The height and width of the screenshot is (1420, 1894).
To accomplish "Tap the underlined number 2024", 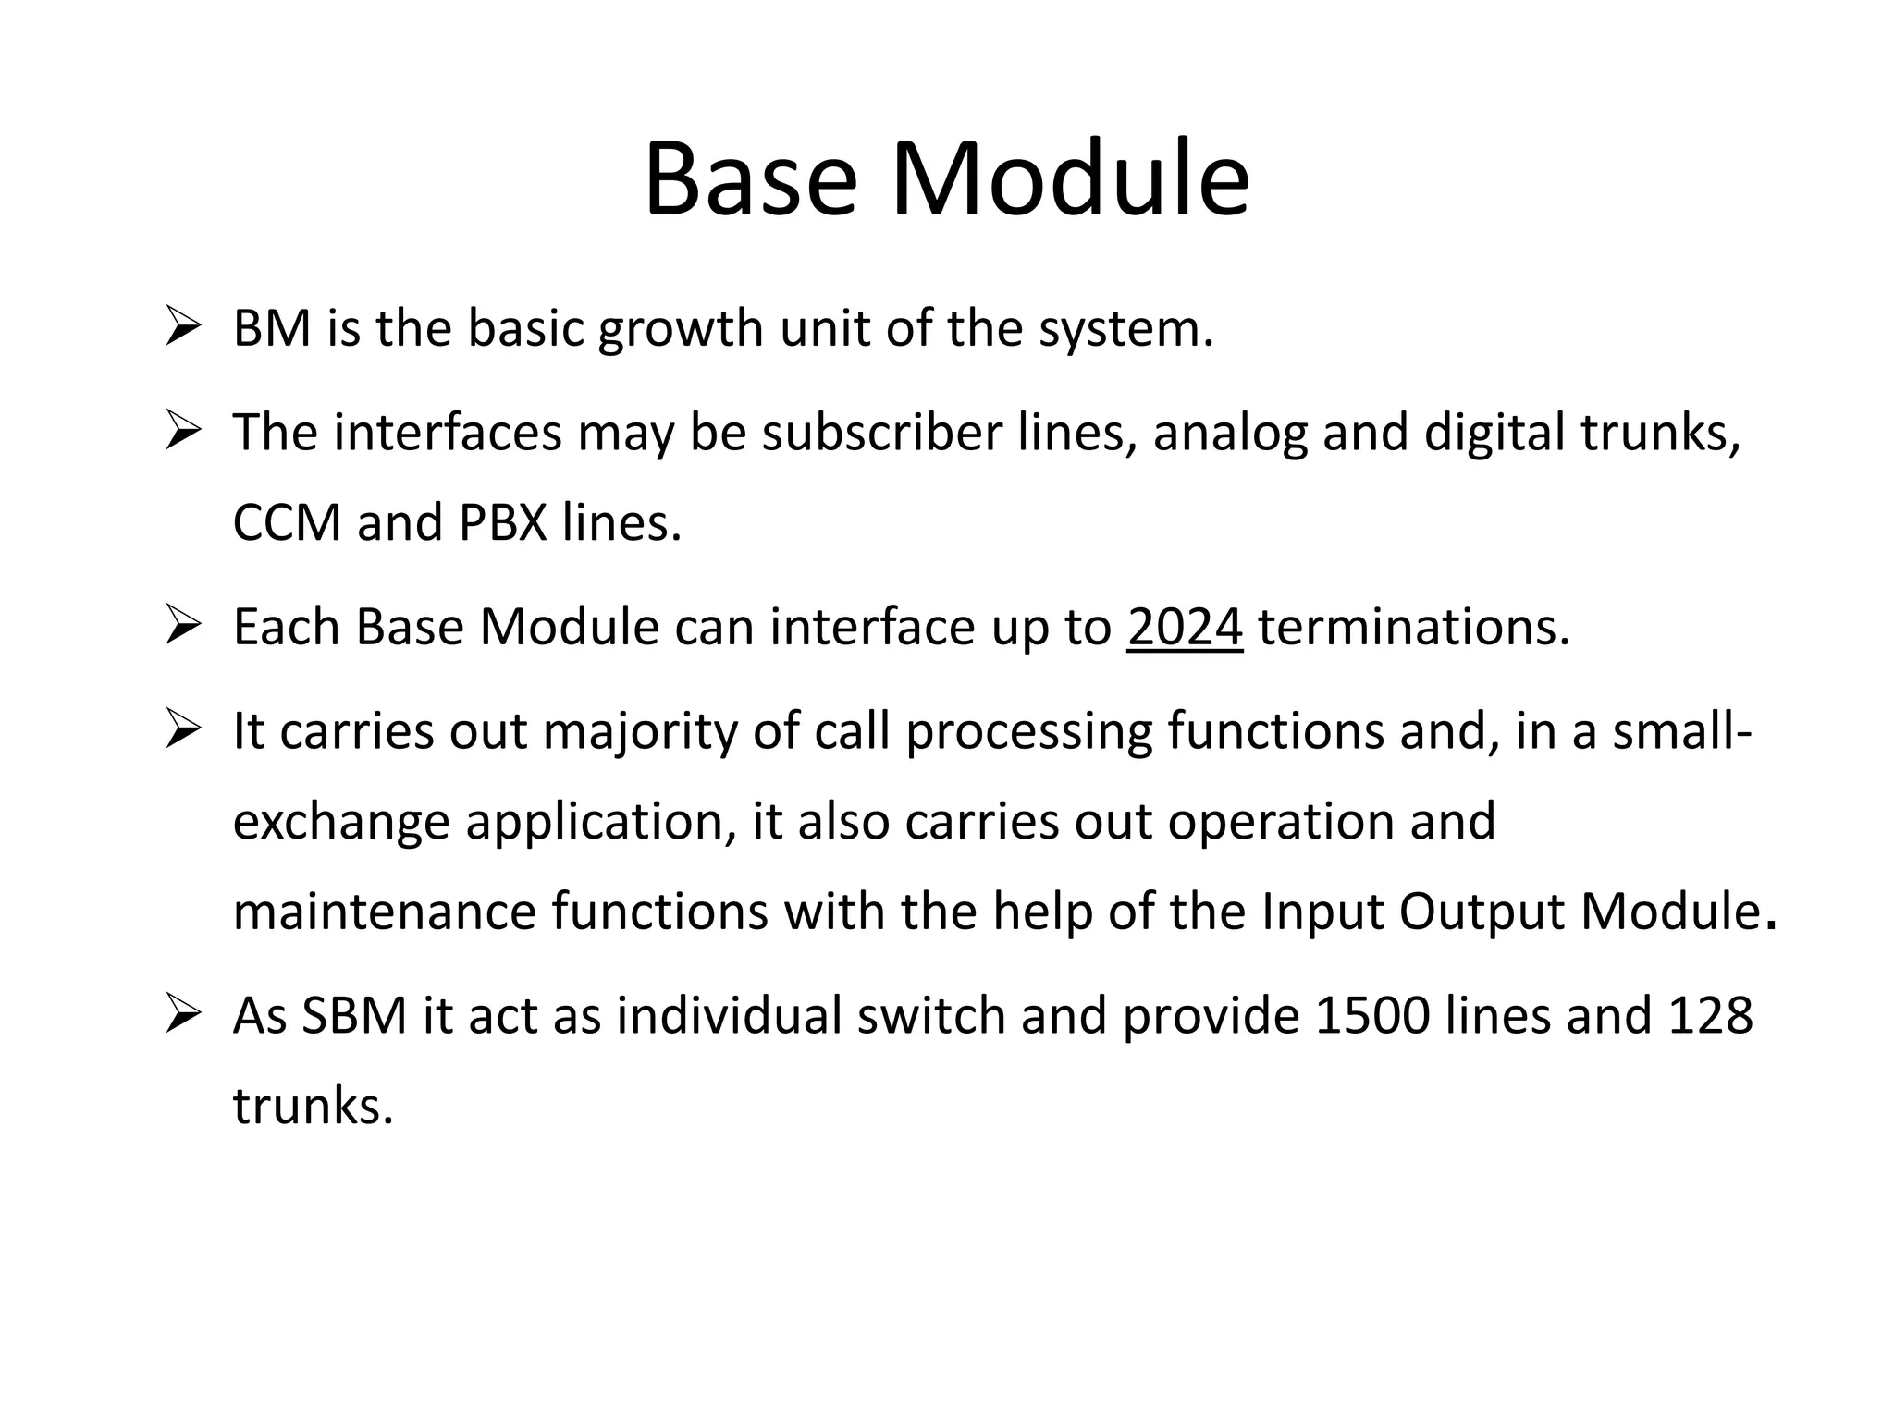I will [x=1185, y=627].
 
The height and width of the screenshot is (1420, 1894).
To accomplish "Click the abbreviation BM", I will [x=272, y=328].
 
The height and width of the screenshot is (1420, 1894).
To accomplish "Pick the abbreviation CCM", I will [x=287, y=522].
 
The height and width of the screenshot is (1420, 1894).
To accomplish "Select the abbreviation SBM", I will [x=354, y=1015].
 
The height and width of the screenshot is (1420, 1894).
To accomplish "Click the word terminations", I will [x=1413, y=627].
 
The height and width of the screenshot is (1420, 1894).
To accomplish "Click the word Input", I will [x=1322, y=912].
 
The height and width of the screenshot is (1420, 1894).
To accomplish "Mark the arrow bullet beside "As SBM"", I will [x=183, y=1015].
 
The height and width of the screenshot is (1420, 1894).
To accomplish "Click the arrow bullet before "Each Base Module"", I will [x=183, y=627].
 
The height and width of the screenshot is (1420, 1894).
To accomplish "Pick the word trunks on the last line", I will [x=313, y=1106].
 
